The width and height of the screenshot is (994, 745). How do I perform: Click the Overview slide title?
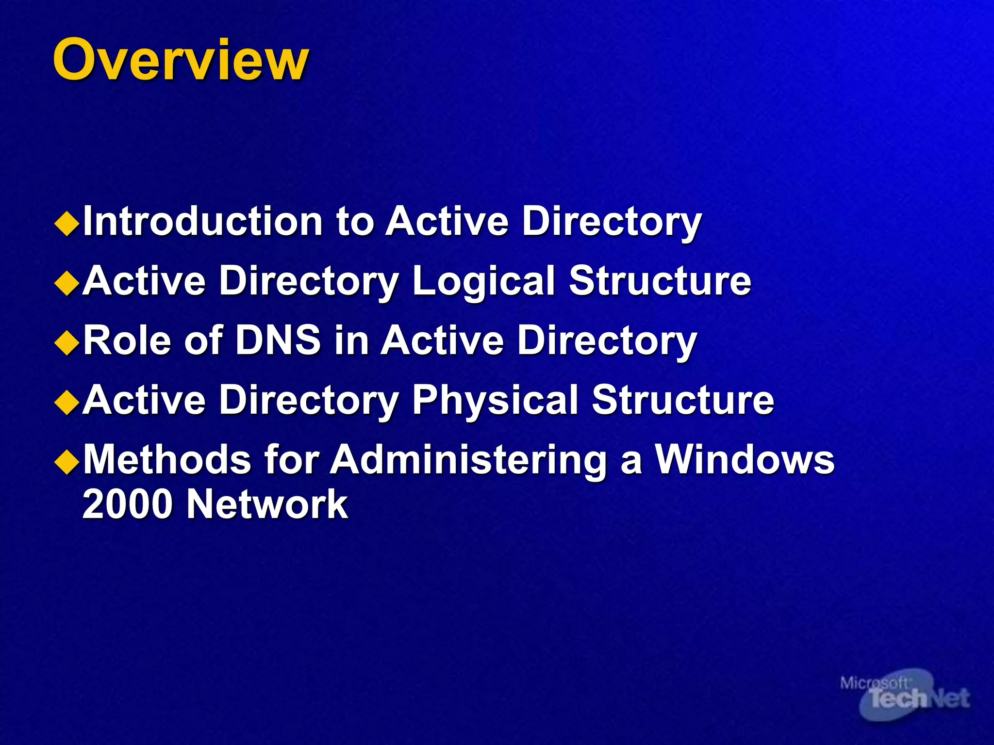tap(181, 60)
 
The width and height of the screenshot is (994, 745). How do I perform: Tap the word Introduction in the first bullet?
tap(203, 221)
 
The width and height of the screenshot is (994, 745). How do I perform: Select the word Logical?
tap(483, 281)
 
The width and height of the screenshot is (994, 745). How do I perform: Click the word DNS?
tap(278, 340)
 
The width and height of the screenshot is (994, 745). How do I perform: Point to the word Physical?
tap(495, 400)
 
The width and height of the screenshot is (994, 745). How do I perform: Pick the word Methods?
tap(167, 459)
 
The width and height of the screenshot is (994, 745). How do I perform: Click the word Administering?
tap(468, 459)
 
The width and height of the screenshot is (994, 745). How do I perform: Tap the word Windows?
tap(745, 459)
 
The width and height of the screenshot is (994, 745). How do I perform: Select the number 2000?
tap(128, 504)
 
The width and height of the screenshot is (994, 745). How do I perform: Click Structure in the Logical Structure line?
tap(660, 281)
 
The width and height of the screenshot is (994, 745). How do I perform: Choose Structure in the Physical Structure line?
tap(683, 400)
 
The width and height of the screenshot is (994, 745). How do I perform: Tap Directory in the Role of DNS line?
tap(607, 340)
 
